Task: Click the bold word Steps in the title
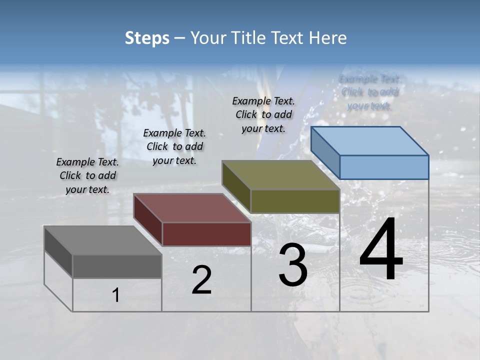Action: (147, 38)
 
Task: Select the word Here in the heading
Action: (328, 38)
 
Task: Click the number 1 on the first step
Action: (116, 295)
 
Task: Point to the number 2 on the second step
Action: (201, 280)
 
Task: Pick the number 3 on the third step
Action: (293, 265)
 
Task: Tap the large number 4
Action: (381, 249)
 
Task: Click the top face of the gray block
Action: (103, 240)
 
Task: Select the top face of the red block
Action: (192, 208)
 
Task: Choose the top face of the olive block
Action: (281, 175)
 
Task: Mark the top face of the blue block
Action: (370, 141)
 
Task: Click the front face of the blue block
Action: (384, 167)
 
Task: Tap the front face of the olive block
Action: (295, 201)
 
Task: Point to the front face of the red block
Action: (206, 234)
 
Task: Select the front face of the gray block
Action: (117, 266)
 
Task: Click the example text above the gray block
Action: (87, 175)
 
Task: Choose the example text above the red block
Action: (174, 146)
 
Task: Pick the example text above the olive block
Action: (263, 114)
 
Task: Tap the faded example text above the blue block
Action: (370, 92)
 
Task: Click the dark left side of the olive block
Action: (236, 186)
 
